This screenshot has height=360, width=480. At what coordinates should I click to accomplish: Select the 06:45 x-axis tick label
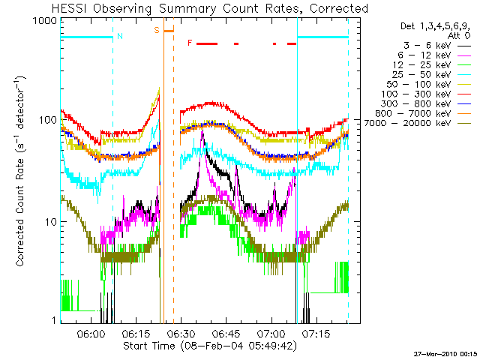pyautogui.click(x=226, y=332)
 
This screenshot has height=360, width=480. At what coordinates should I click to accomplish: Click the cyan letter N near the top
pyautogui.click(x=121, y=35)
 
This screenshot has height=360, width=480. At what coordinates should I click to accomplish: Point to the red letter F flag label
pyautogui.click(x=190, y=43)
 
